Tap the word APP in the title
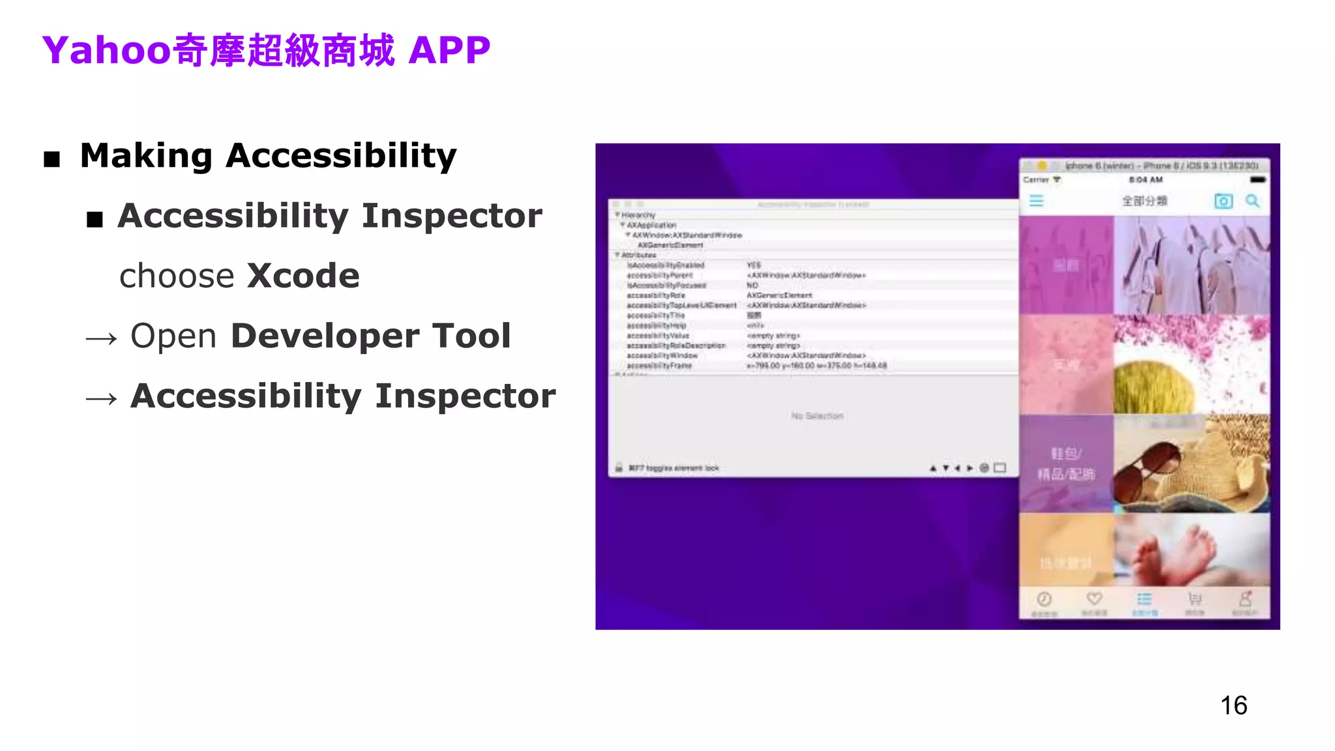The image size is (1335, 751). click(449, 50)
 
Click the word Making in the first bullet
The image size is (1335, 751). click(146, 156)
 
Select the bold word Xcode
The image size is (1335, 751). click(303, 276)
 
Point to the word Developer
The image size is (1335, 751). click(325, 336)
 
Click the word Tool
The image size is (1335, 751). click(471, 336)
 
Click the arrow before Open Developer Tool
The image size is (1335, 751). click(102, 338)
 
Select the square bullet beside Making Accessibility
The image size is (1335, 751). click(52, 158)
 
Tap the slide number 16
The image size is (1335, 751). click(1233, 705)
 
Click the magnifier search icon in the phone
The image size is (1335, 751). click(1252, 201)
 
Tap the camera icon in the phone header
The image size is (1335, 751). click(1224, 201)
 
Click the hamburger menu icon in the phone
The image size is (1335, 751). click(1036, 201)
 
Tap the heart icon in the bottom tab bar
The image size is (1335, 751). click(1094, 598)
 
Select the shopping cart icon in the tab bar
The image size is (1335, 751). click(1194, 598)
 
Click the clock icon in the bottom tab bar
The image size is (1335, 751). click(1044, 598)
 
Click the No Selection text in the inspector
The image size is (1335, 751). click(817, 416)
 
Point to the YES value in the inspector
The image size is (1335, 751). click(754, 265)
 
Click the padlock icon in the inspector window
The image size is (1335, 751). click(619, 468)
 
